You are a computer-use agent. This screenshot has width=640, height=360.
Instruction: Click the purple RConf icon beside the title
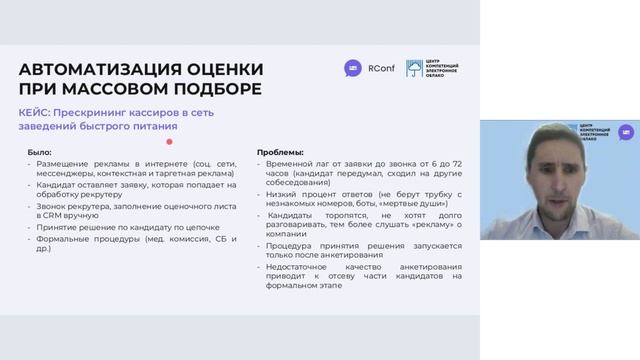351,68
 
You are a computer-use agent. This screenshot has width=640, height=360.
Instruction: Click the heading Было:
42,150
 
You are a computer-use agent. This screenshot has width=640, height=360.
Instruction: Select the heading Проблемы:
274,150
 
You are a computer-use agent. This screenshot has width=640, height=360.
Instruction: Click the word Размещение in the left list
61,162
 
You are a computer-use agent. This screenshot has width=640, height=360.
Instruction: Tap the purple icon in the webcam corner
629,132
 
